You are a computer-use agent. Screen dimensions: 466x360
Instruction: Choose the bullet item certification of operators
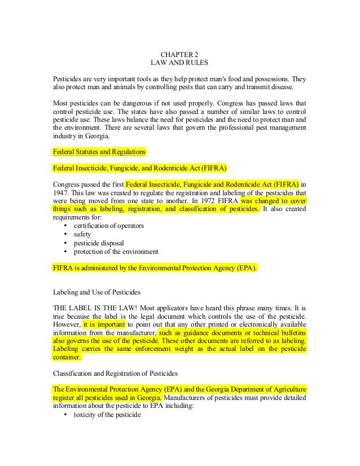[108, 226]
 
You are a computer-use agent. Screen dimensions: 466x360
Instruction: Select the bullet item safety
[82, 234]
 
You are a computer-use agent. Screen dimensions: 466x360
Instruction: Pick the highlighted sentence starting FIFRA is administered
[155, 268]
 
